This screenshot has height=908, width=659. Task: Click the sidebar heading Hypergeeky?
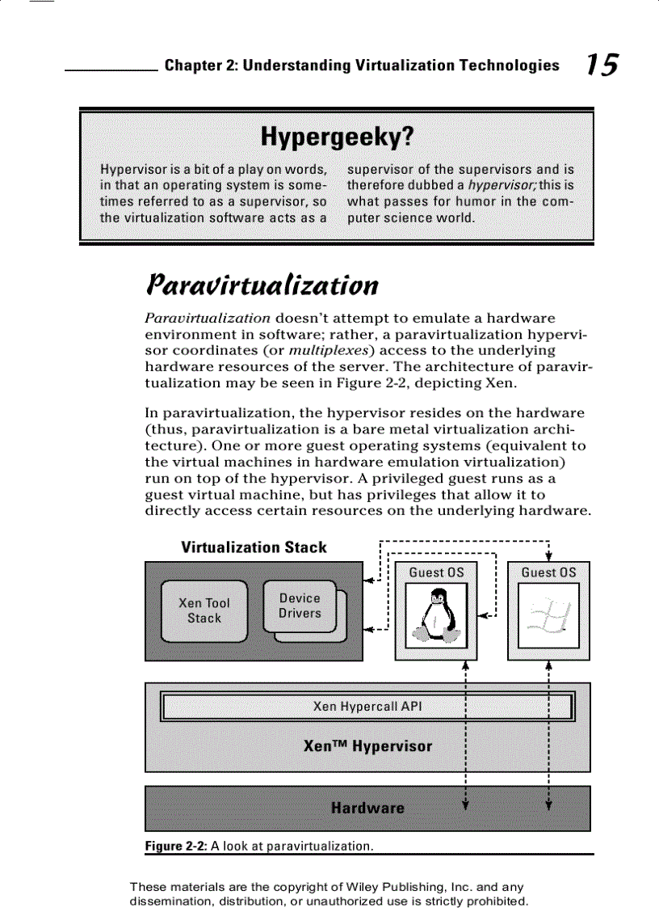point(336,139)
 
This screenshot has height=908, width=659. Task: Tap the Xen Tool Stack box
point(204,610)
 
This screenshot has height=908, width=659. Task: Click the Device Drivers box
point(300,606)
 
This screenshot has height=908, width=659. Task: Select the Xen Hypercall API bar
point(367,707)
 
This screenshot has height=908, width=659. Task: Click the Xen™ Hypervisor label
point(367,746)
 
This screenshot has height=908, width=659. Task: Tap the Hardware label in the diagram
point(367,808)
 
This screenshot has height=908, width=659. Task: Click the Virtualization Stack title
point(254,547)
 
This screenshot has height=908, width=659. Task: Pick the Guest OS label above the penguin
point(436,572)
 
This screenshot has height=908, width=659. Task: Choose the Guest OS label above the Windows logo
point(548,572)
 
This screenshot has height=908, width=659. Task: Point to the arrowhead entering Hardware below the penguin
point(465,803)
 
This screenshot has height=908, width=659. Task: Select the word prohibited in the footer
point(497,901)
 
